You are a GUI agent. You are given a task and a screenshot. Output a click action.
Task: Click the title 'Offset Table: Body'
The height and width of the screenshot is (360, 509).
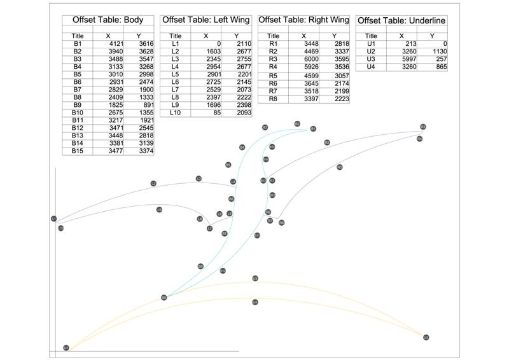(x=108, y=20)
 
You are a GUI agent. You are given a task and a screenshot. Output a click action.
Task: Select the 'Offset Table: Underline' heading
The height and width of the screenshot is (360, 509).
(x=401, y=21)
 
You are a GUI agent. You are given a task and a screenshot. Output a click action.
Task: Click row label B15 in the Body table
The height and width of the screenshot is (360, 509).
(x=77, y=151)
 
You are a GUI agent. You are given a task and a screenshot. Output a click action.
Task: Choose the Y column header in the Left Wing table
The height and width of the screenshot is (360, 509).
(x=237, y=36)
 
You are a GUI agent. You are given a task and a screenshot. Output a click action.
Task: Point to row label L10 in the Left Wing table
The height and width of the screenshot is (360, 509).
(x=176, y=113)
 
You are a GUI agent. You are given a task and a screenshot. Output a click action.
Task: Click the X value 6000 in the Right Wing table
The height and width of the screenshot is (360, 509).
(x=310, y=59)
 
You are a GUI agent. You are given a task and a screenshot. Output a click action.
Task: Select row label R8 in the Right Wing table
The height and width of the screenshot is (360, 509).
(x=274, y=99)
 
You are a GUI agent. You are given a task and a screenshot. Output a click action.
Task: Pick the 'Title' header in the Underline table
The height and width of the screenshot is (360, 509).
(x=372, y=36)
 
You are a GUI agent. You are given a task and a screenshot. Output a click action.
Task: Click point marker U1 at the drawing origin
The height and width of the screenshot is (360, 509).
(x=66, y=348)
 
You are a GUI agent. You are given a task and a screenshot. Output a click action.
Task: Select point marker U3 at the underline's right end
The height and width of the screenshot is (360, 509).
(x=426, y=337)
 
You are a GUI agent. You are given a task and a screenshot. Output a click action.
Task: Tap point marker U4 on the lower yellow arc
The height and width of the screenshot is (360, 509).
(x=255, y=302)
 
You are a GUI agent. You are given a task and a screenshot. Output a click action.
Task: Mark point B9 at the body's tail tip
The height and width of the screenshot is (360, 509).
(x=164, y=297)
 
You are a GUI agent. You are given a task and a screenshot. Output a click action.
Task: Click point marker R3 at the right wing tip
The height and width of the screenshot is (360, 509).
(x=422, y=127)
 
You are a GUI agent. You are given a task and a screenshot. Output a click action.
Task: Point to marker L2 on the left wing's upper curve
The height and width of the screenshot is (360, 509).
(x=153, y=184)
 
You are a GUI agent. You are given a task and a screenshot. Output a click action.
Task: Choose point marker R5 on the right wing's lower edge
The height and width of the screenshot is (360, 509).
(x=340, y=167)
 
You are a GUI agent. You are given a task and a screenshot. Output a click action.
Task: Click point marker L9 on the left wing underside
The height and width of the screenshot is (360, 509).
(x=159, y=209)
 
